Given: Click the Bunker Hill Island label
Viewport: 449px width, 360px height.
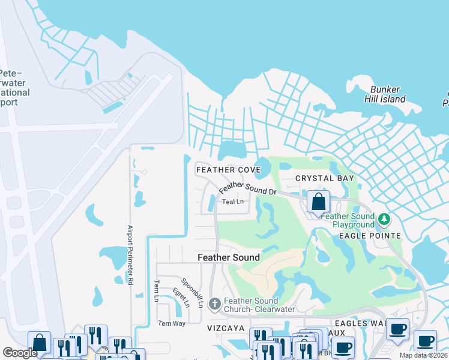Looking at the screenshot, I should pyautogui.click(x=385, y=94).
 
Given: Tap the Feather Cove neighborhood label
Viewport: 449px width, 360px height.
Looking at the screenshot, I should pyautogui.click(x=229, y=170).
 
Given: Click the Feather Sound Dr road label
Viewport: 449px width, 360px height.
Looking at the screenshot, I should pyautogui.click(x=247, y=189).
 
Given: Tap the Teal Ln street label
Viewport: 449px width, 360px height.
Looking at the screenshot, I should pyautogui.click(x=233, y=202).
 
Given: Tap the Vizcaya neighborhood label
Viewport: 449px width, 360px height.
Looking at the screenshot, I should pyautogui.click(x=226, y=329).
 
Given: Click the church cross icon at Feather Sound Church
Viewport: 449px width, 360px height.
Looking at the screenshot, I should pyautogui.click(x=215, y=304).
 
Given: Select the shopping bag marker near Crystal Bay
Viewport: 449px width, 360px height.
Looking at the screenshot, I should pyautogui.click(x=319, y=202).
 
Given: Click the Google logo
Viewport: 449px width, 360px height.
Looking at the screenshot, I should pyautogui.click(x=20, y=353).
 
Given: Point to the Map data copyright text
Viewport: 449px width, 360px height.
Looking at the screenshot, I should pyautogui.click(x=423, y=355).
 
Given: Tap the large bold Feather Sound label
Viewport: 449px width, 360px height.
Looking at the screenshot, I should pyautogui.click(x=229, y=257).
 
